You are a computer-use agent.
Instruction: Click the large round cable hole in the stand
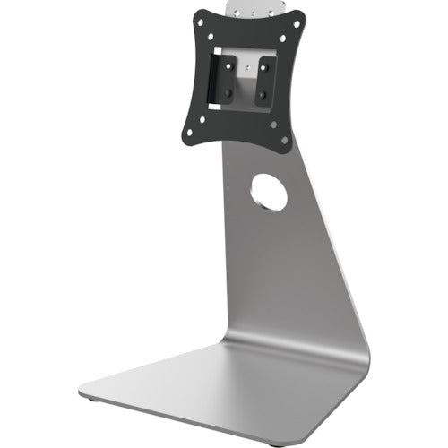(x=269, y=193)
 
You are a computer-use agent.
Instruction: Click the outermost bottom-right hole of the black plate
(x=286, y=140)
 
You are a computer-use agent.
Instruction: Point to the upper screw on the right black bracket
(x=263, y=73)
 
